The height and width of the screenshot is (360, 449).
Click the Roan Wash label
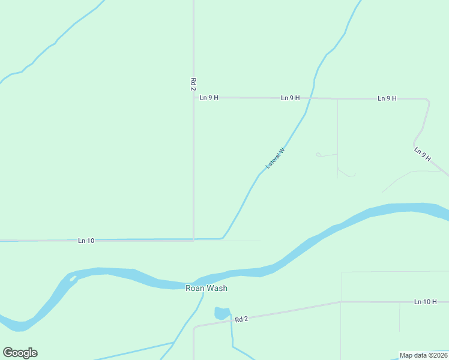click(206, 288)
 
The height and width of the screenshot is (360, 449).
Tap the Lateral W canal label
click(275, 158)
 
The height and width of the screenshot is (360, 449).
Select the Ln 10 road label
click(86, 241)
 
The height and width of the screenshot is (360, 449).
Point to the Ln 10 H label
click(425, 302)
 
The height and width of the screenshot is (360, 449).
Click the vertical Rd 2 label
click(193, 84)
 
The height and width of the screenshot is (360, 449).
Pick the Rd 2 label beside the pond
click(241, 319)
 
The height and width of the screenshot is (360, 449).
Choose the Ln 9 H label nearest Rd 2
click(209, 97)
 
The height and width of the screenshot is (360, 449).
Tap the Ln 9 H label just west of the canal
click(290, 97)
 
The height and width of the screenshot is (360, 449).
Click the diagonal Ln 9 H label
click(423, 154)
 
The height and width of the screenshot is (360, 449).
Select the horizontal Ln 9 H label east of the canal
click(387, 98)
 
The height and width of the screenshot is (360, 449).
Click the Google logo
click(20, 353)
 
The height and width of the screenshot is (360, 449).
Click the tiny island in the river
click(73, 278)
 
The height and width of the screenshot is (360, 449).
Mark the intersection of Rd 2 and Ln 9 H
click(193, 97)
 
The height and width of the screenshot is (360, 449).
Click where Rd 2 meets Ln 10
click(193, 239)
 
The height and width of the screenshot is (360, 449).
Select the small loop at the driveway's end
click(319, 155)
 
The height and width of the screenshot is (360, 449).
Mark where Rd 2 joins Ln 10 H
click(341, 302)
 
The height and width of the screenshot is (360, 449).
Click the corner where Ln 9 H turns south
click(427, 100)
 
